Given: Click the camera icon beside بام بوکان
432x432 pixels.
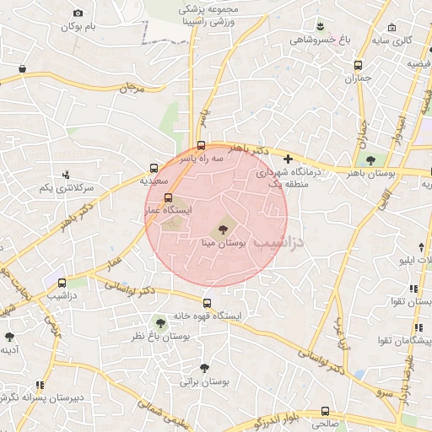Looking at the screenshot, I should pyautogui.click(x=78, y=13).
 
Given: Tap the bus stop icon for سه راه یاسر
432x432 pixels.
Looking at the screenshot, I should pyautogui.click(x=201, y=144).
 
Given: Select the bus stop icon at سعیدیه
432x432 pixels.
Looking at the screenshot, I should pyautogui.click(x=154, y=167).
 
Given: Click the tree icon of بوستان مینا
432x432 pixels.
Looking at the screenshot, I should pyautogui.click(x=224, y=226).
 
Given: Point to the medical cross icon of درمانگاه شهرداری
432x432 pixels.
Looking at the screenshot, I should pyautogui.click(x=289, y=159).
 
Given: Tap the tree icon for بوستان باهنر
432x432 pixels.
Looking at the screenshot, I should pyautogui.click(x=370, y=160).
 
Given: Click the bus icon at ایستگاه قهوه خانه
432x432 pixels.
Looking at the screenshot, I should pyautogui.click(x=207, y=303).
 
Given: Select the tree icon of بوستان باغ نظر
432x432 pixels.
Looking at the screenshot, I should pyautogui.click(x=160, y=322).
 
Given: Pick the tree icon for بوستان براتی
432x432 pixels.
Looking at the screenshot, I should pyautogui.click(x=204, y=368).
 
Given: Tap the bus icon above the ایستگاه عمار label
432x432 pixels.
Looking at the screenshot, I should pyautogui.click(x=167, y=197).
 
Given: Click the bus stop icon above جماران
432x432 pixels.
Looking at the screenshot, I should pyautogui.click(x=358, y=65).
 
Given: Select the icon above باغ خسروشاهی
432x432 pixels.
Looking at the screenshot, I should pyautogui.click(x=321, y=25).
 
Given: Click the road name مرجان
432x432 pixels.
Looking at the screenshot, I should pyautogui.click(x=132, y=87).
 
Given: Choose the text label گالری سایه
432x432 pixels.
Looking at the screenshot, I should pyautogui.click(x=392, y=40).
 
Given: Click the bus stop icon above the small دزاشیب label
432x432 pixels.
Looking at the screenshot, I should pyautogui.click(x=62, y=283).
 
